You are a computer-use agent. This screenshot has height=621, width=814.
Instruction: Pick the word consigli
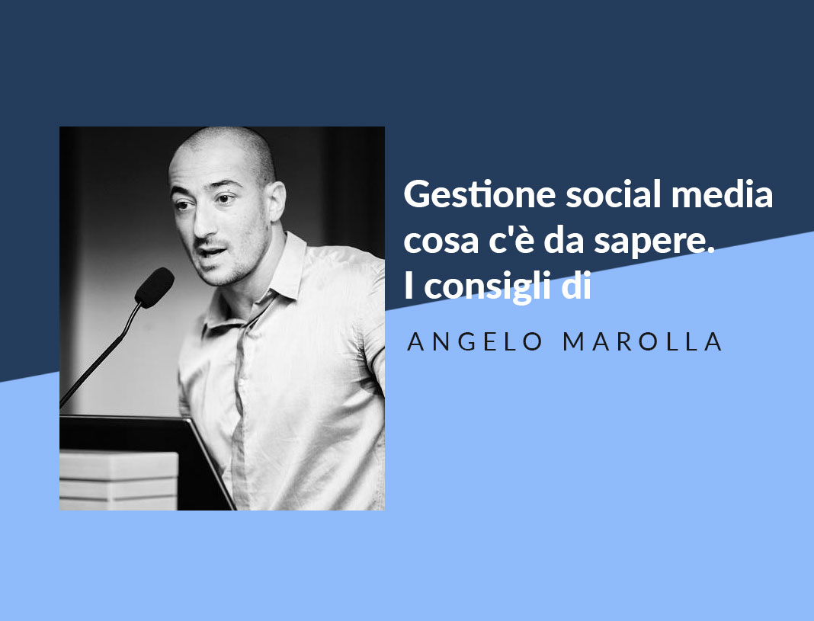coord(487,288)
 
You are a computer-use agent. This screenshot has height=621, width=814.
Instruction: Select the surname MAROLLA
coord(643,342)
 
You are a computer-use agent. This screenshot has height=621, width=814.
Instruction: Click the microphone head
coord(155,286)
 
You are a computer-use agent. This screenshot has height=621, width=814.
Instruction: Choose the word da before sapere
coord(566,242)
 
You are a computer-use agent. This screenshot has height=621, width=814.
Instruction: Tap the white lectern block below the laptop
coord(118,480)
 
